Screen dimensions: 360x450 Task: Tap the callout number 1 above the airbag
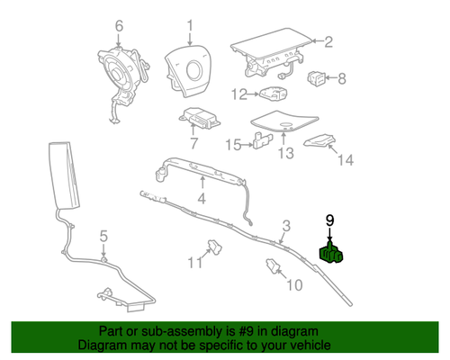(190, 24)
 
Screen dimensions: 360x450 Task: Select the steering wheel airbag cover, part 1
(191, 71)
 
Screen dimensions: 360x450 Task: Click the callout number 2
(328, 40)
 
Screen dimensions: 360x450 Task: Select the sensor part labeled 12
(274, 94)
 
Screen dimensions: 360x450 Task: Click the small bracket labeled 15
(262, 140)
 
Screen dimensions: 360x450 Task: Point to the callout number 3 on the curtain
(286, 224)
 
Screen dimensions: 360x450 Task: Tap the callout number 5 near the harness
(103, 236)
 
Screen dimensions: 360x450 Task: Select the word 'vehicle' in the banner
(309, 345)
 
